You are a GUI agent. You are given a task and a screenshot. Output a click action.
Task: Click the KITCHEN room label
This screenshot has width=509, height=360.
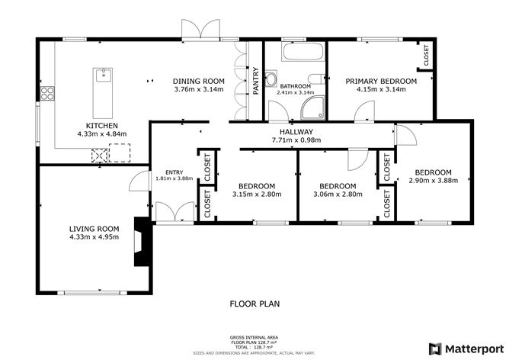[101, 125]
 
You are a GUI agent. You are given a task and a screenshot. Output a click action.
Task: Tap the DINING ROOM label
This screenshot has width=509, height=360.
[198, 81]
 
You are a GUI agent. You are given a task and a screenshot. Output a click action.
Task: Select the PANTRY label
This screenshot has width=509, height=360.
[256, 82]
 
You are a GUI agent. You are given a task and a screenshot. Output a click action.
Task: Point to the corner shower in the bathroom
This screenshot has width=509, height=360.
[312, 109]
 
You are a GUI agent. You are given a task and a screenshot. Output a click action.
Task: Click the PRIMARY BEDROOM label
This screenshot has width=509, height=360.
[381, 81]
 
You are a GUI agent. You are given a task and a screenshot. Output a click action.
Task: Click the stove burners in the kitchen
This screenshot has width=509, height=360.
[48, 95]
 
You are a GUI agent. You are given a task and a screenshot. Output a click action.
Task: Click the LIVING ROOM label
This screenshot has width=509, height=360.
[94, 228]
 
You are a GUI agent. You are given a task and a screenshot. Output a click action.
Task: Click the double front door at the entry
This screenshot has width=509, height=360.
[174, 213]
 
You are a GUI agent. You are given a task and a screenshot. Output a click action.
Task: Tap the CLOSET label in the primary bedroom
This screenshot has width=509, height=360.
[426, 55]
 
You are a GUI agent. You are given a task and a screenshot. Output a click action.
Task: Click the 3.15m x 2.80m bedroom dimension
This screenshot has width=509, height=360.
[257, 194]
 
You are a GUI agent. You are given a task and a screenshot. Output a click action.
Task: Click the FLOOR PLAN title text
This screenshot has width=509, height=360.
[254, 304]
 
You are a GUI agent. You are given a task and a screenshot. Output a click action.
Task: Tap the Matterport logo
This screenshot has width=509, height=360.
[468, 348]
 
